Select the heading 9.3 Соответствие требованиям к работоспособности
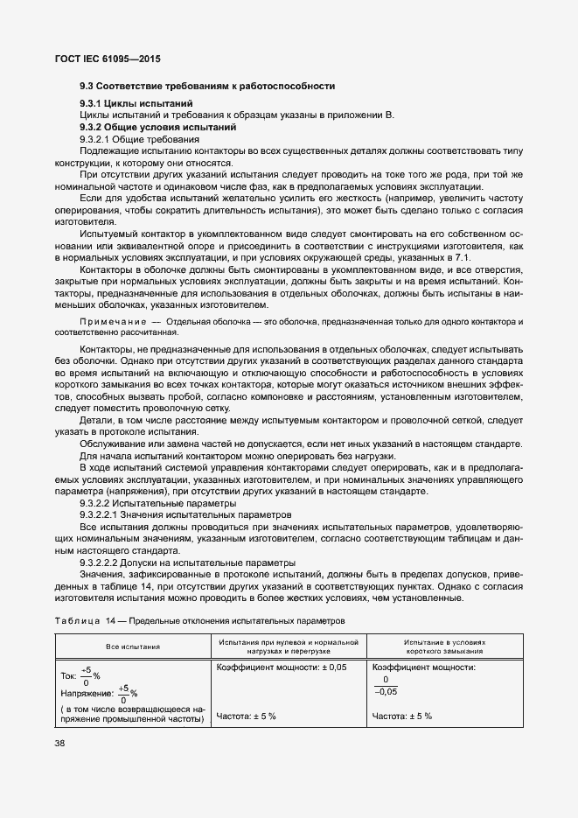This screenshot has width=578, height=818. [207, 86]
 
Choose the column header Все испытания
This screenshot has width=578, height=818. [132, 647]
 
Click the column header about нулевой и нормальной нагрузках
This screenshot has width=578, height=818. [287, 647]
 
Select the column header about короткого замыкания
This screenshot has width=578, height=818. [444, 647]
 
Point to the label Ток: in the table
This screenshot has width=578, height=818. [69, 676]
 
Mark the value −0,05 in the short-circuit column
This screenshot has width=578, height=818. [386, 690]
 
